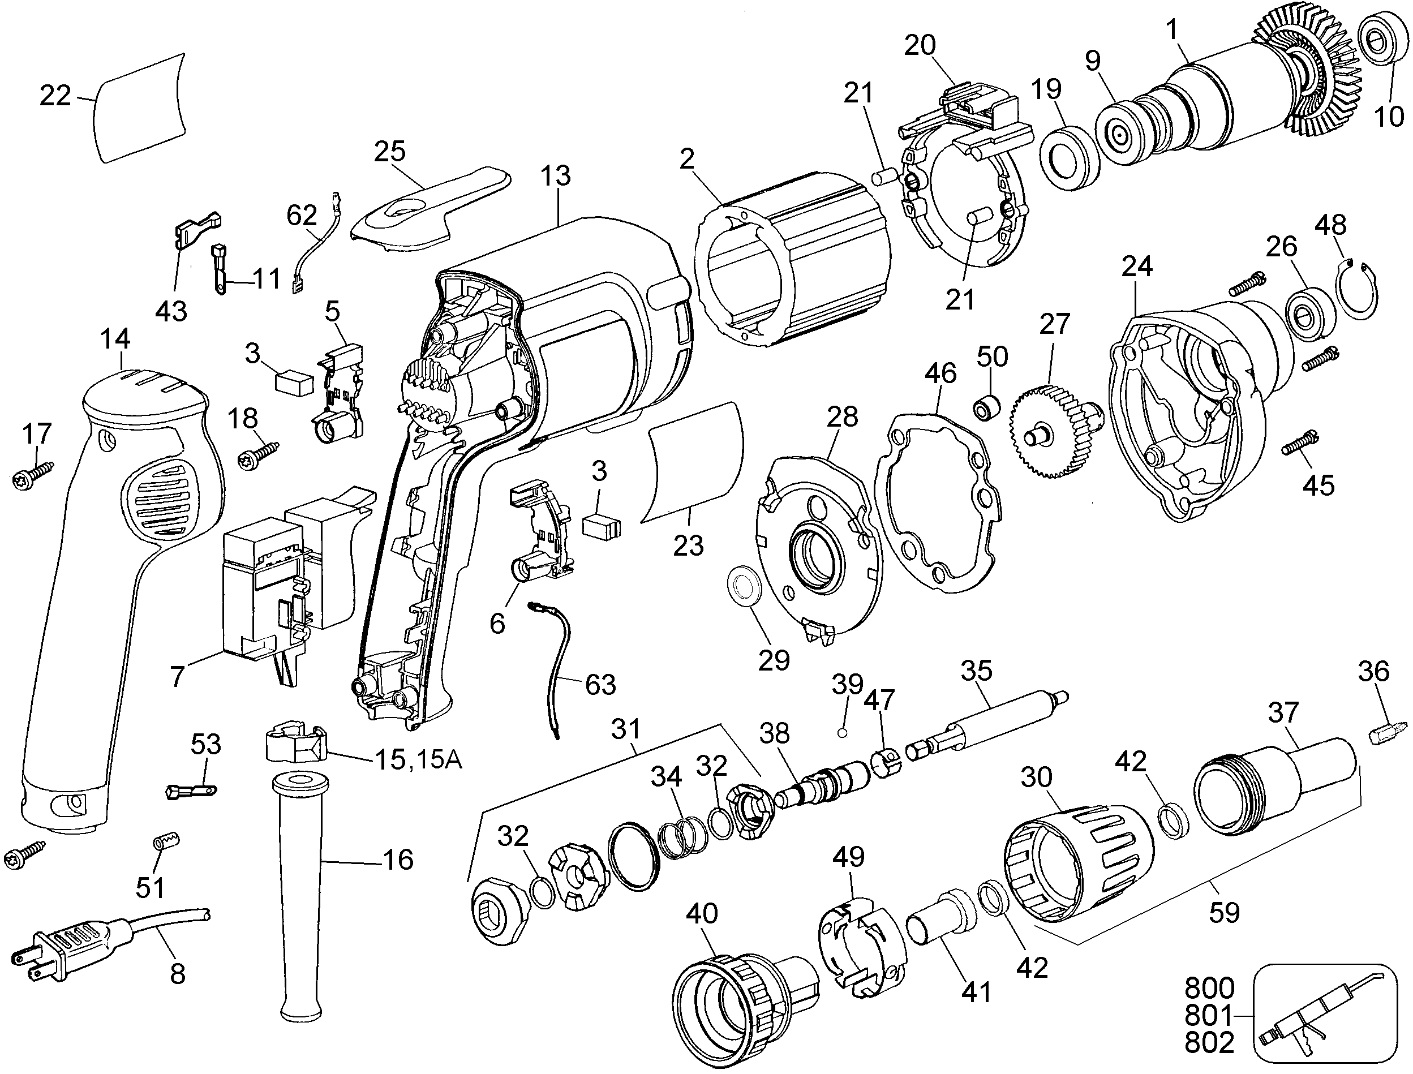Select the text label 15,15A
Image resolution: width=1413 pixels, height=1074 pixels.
(x=418, y=760)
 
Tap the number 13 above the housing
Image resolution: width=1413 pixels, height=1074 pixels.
(x=555, y=175)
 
